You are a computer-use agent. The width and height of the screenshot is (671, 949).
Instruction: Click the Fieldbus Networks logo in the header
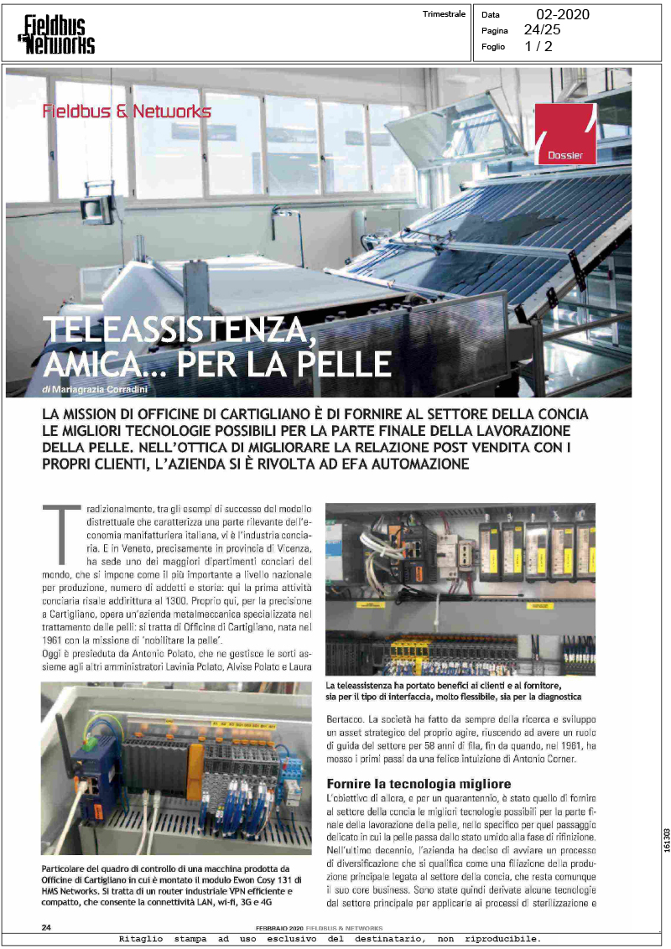[57, 34]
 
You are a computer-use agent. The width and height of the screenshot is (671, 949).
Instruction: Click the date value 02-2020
[562, 14]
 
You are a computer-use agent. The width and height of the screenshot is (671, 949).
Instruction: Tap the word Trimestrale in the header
[445, 14]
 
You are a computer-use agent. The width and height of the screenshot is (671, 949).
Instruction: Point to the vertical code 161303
[665, 841]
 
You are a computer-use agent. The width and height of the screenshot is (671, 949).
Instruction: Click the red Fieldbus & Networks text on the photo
[127, 111]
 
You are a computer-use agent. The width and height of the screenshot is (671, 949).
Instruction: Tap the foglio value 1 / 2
[538, 47]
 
